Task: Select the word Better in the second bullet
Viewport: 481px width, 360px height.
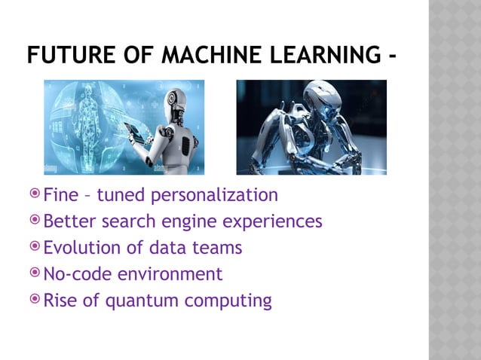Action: click(x=68, y=222)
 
